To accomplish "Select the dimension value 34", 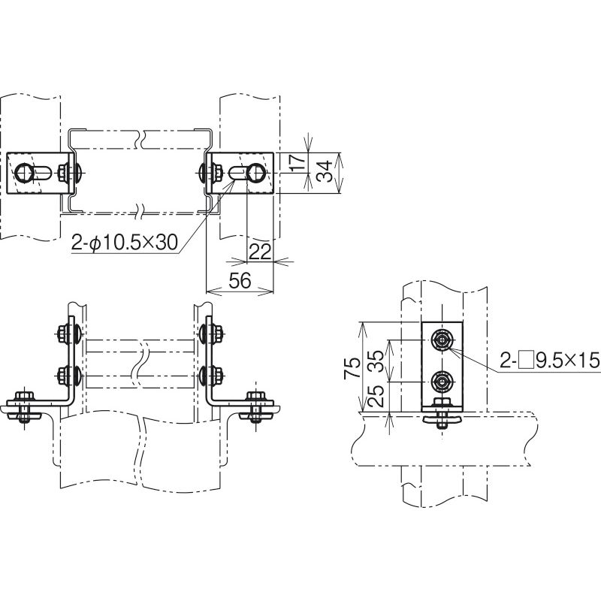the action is [x=325, y=171].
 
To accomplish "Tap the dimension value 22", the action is [x=260, y=252].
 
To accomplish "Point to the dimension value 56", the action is [x=240, y=280].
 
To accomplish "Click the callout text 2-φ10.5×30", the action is [x=125, y=242].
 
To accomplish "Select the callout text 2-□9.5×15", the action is [x=549, y=361].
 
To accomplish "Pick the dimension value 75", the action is [x=352, y=368].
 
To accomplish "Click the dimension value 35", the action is [x=377, y=361].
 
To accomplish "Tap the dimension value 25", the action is [x=377, y=396].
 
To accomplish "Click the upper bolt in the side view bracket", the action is [x=442, y=340].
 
